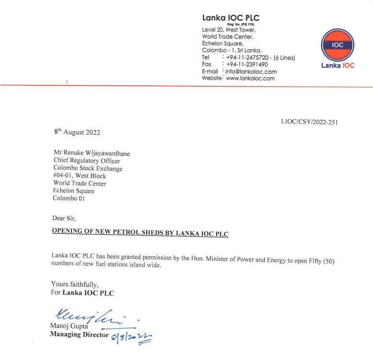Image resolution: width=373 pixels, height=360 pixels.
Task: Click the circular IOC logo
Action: [338, 45]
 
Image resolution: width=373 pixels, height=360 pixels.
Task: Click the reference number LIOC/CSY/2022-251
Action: [309, 122]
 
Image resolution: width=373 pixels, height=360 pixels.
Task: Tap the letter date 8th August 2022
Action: [77, 132]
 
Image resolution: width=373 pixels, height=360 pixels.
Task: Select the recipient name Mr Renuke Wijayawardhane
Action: [91, 153]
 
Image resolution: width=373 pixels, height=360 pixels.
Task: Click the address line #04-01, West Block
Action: [79, 176]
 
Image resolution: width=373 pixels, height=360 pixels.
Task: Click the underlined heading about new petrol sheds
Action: [140, 233]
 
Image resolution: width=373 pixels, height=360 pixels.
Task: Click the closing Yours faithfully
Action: [75, 284]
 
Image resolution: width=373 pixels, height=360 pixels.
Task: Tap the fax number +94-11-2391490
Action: [247, 65]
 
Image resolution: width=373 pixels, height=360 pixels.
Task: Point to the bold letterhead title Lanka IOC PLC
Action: [231, 18]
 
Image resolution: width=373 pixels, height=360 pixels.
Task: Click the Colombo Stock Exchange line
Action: [88, 168]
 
